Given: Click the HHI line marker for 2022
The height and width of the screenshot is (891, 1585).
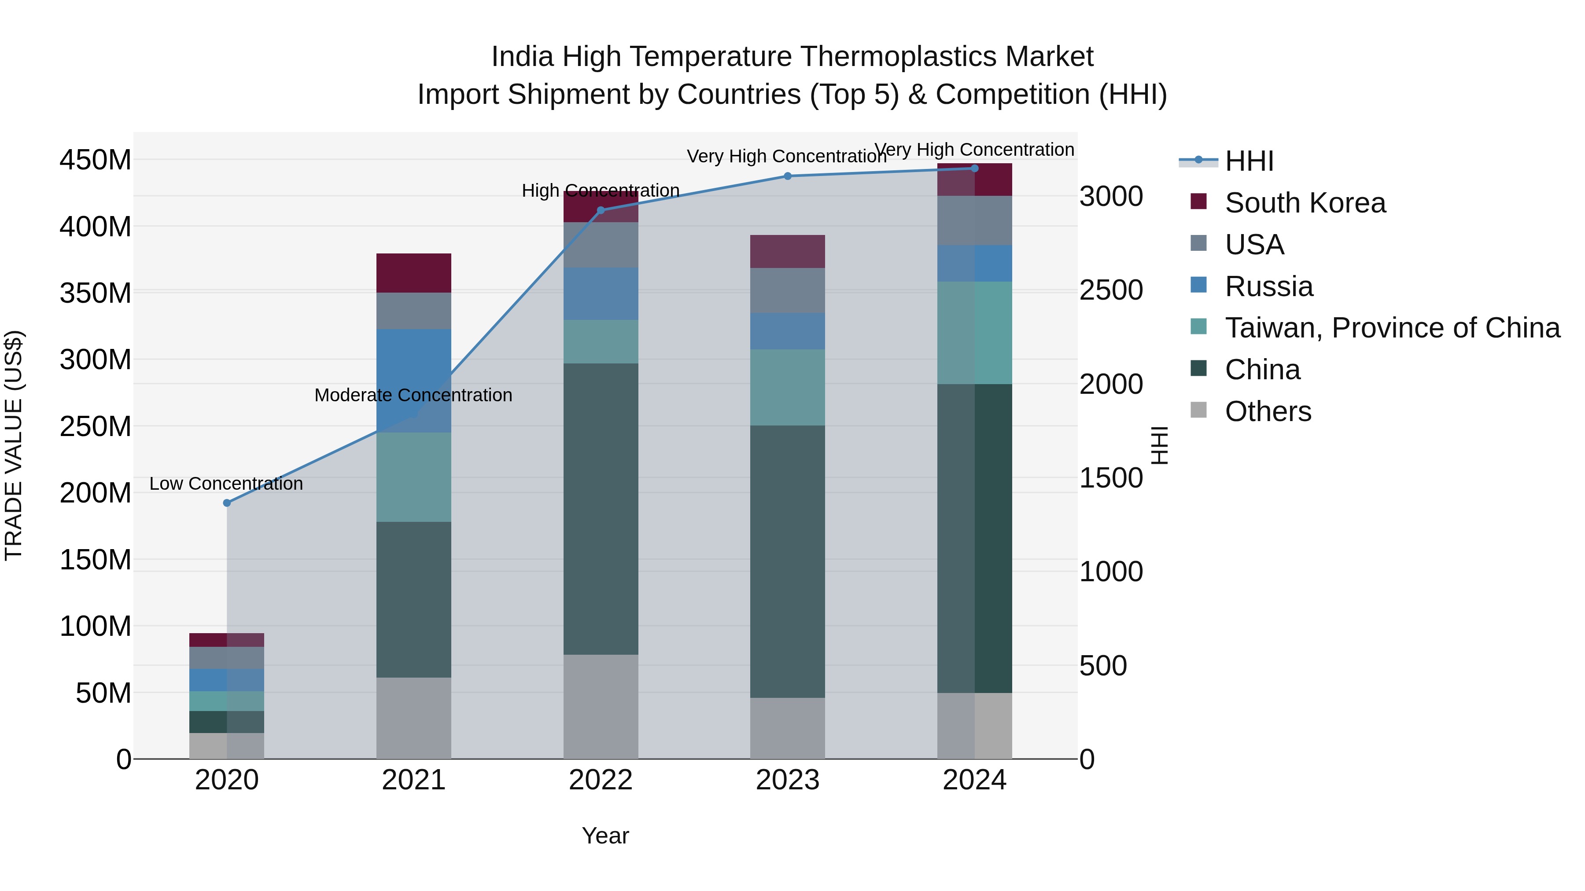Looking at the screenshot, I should point(601,210).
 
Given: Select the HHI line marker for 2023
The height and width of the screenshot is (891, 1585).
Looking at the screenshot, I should point(788,176).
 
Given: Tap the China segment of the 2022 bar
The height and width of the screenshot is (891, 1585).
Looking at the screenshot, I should point(601,509).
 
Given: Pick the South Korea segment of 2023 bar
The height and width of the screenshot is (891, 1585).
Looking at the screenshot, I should point(788,252).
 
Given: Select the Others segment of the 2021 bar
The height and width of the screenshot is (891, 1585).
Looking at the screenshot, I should point(413,718).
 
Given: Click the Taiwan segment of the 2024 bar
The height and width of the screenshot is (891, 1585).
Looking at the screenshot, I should point(975,333).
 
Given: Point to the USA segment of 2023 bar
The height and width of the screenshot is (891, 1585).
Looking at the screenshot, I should point(788,290).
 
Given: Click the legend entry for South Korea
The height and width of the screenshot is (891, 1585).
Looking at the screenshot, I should point(1305,203).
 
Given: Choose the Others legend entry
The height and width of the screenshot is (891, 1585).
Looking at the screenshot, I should point(1268,411).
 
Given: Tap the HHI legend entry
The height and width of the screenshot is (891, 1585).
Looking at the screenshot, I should point(1249,161).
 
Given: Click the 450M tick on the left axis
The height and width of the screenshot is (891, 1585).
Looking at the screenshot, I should point(96,160).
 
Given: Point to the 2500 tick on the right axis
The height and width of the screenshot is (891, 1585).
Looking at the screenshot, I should point(1111,290).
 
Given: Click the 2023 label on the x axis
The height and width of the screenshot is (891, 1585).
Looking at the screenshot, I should point(788,781).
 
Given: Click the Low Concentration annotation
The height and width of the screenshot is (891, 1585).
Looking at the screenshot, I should point(226,484).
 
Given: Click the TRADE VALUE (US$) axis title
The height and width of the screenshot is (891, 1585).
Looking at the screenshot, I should point(14,445).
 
